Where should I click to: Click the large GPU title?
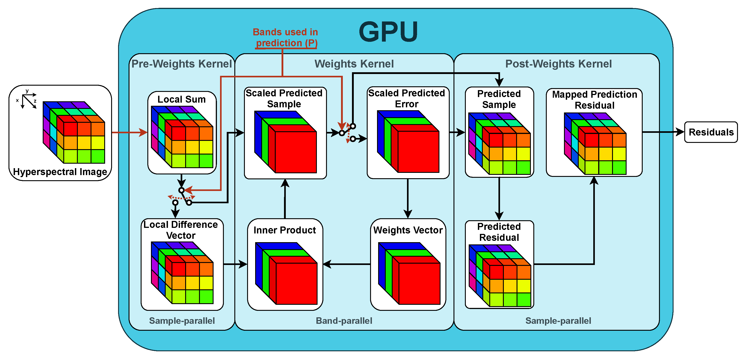388,32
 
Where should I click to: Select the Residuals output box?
711,132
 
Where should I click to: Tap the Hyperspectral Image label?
60,172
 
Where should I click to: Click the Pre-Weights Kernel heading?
182,64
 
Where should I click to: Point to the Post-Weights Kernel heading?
558,64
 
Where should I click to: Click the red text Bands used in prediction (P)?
286,37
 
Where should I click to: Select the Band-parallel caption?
344,321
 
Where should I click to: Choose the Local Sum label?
182,99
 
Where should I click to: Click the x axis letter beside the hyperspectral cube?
17,100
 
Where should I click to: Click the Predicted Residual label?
499,232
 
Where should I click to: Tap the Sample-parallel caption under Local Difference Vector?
182,321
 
